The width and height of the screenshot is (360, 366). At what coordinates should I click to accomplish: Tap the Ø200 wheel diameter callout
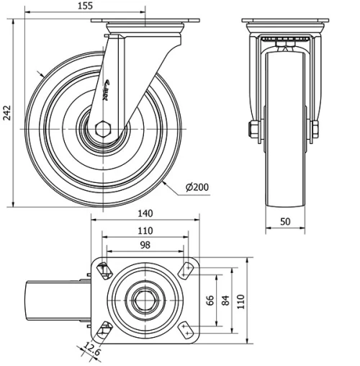tap(197, 187)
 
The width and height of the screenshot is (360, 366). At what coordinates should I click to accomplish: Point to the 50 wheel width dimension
tap(287, 222)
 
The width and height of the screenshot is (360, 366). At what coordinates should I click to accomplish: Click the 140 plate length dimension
tap(145, 213)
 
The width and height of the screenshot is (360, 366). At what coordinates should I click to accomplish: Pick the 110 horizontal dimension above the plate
tap(145, 231)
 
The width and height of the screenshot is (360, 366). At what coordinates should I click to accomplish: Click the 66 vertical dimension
tap(211, 300)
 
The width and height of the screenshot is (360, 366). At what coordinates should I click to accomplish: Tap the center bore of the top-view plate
tap(143, 298)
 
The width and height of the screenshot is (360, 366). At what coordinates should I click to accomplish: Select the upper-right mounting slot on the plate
tap(186, 270)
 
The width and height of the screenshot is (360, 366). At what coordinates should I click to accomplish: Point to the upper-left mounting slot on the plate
tap(103, 269)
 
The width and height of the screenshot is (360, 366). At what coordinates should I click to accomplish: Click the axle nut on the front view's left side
tap(254, 130)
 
